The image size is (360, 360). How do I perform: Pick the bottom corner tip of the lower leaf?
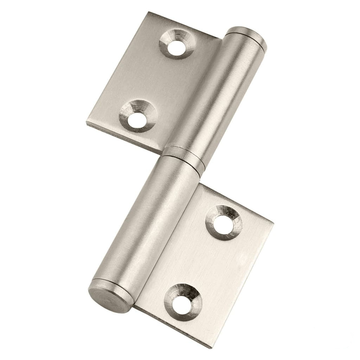211,347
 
